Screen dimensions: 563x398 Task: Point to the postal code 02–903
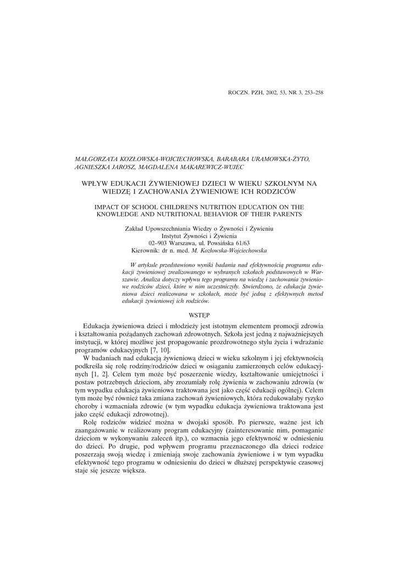pos(159,242)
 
